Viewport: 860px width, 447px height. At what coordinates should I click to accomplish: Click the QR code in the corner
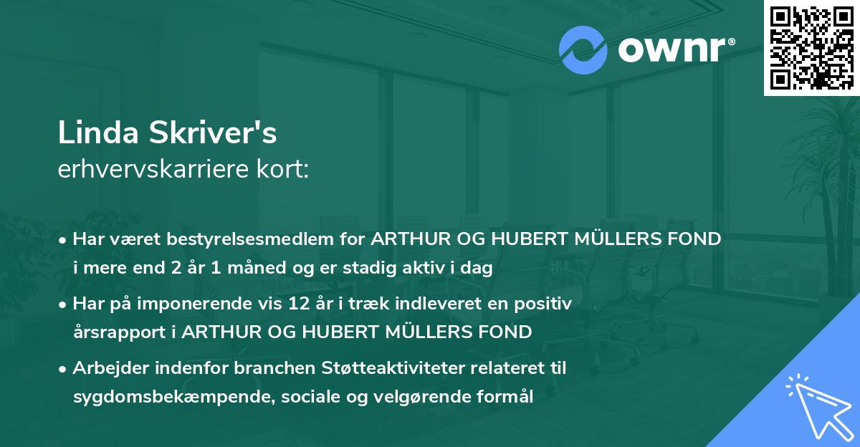click(x=811, y=48)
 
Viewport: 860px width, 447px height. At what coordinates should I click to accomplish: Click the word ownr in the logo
click(x=674, y=49)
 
